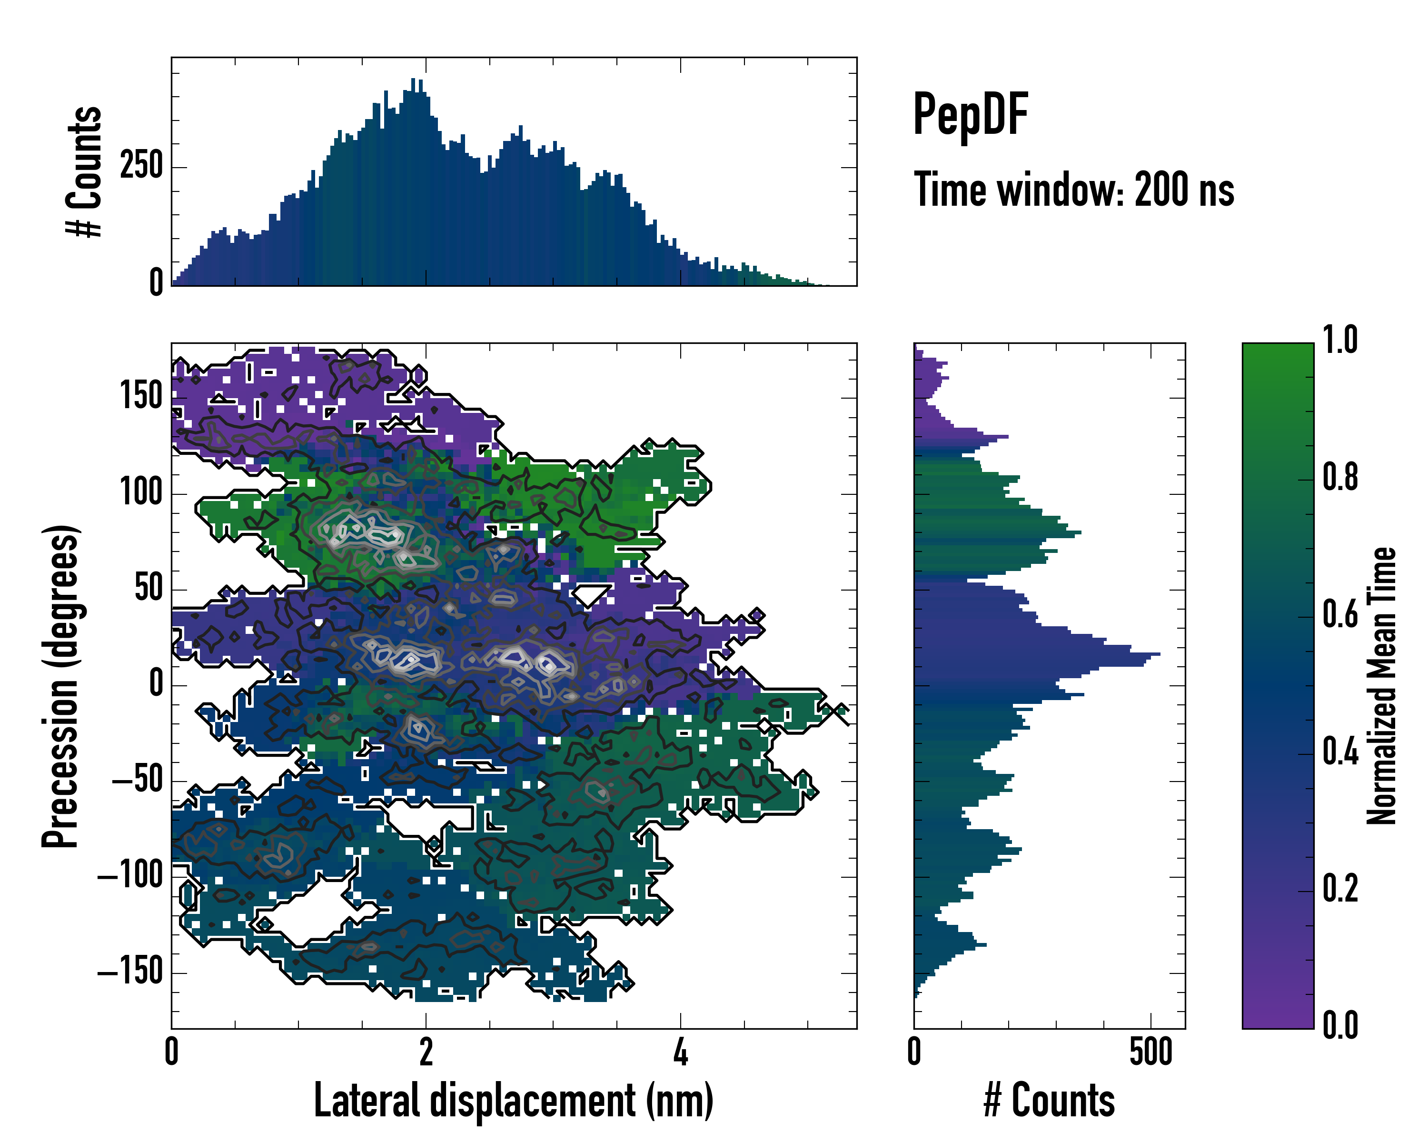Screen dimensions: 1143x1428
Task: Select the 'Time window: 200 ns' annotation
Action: [x=1074, y=190]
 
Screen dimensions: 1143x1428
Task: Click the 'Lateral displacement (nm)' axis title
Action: [x=513, y=1100]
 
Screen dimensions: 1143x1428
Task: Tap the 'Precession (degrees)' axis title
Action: [x=60, y=686]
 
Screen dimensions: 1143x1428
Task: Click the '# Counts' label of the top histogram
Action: [x=84, y=171]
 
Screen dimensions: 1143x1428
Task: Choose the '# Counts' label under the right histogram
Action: [x=1049, y=1100]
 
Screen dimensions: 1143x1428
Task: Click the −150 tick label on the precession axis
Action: [x=130, y=972]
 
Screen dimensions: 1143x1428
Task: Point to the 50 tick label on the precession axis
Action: [x=149, y=588]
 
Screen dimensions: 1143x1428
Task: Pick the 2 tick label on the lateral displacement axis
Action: [x=426, y=1052]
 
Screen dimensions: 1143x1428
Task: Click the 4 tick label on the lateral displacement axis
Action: [x=680, y=1052]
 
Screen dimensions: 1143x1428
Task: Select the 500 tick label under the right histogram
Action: [x=1150, y=1052]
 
